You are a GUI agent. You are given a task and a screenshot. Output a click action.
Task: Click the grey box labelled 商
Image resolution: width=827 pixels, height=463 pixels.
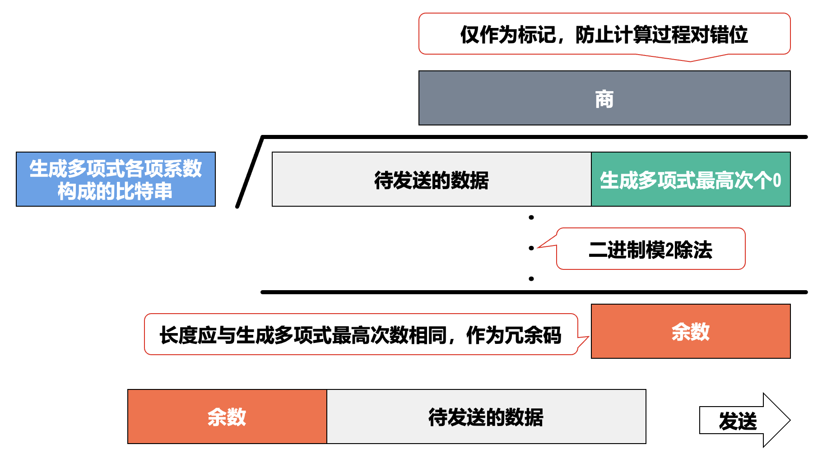(x=604, y=98)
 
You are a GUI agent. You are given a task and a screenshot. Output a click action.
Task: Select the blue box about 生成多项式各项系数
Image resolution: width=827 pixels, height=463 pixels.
(x=116, y=179)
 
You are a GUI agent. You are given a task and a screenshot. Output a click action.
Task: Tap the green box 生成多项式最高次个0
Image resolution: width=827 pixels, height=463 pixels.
(x=691, y=179)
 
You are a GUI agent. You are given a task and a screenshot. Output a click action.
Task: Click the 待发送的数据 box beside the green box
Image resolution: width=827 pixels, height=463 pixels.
(x=432, y=179)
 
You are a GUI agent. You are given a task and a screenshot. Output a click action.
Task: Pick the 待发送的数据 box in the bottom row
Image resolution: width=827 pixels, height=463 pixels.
(x=486, y=417)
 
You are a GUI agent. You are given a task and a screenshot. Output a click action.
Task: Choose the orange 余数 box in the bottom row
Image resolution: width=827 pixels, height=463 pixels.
(x=227, y=417)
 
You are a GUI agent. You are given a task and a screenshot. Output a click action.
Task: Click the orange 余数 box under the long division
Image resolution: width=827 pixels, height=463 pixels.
(x=691, y=331)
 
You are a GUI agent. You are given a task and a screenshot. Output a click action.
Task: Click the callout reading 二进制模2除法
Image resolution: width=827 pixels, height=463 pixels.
(x=650, y=249)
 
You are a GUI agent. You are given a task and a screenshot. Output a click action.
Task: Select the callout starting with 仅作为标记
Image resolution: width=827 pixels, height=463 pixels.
(x=604, y=34)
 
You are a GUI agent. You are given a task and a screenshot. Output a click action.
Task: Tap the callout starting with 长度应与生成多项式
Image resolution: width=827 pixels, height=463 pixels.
(x=361, y=334)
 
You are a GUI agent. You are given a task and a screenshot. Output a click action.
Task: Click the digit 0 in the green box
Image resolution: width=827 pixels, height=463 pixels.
(x=777, y=180)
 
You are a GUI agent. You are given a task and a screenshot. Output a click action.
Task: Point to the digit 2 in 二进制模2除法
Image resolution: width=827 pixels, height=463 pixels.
(x=669, y=250)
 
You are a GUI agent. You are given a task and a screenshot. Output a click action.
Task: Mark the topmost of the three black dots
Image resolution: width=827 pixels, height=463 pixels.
(x=531, y=218)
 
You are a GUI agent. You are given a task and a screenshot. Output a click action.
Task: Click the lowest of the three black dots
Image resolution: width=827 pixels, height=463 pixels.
(x=531, y=279)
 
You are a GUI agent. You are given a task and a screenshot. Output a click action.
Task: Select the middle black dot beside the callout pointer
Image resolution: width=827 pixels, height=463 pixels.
(x=531, y=248)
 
